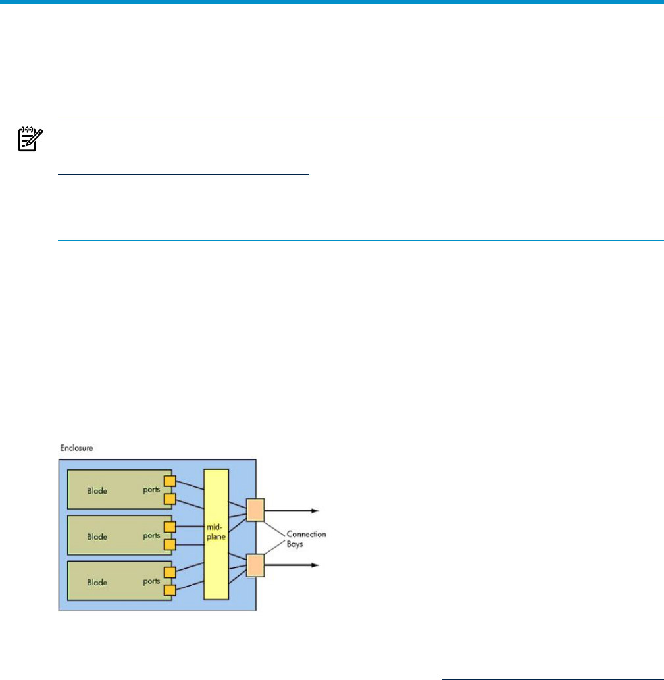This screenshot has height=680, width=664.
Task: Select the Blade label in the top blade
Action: click(97, 490)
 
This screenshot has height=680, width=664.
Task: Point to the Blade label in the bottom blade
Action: click(97, 582)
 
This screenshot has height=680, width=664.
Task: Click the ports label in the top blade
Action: click(151, 490)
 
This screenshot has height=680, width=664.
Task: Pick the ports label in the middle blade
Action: click(151, 536)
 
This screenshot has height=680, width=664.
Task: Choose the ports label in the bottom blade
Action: click(151, 582)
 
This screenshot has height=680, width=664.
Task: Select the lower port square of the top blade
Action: click(170, 500)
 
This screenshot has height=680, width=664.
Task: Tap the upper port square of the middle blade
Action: click(170, 527)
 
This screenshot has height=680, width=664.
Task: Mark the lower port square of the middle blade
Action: click(170, 545)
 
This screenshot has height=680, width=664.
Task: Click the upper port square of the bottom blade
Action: click(170, 573)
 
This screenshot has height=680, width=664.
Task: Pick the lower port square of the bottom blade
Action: click(170, 590)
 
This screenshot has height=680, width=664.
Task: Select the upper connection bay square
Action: click(255, 510)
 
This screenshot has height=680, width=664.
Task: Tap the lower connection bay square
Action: click(255, 565)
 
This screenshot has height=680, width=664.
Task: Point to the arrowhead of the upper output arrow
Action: click(316, 510)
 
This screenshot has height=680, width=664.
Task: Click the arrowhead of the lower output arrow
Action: click(316, 565)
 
